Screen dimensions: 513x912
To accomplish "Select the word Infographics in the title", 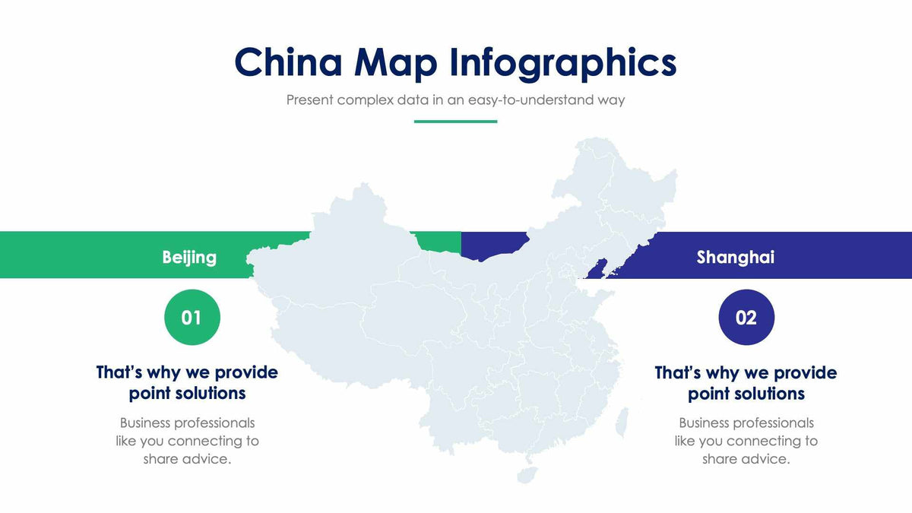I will coord(562,63).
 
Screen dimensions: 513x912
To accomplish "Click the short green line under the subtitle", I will coord(455,121).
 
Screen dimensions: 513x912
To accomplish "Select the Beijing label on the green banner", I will coord(189,257).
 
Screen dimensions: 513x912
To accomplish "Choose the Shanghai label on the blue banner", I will coord(735,257).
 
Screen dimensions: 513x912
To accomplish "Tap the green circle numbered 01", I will coord(192,317).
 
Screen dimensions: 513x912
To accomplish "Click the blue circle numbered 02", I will coord(746,317).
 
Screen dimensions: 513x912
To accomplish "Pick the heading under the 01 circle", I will coord(187,382).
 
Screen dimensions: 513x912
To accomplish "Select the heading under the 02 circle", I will coord(746,382).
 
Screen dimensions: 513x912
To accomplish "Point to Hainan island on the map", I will coord(527,474).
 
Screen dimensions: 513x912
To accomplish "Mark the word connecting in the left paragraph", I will coord(214,441).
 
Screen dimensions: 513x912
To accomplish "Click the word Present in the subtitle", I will coord(310,100).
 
